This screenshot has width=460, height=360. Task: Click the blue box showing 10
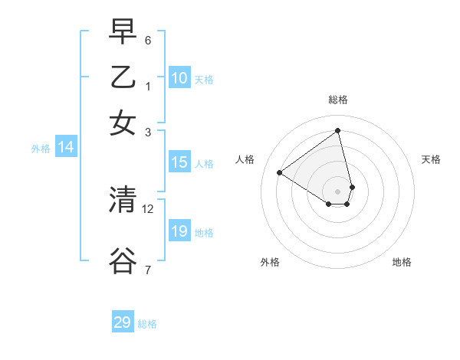[179, 78]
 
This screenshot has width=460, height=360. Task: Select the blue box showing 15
[179, 162]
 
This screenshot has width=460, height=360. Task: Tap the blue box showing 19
[179, 231]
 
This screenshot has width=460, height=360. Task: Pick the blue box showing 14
[65, 148]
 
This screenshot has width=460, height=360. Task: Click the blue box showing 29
[123, 322]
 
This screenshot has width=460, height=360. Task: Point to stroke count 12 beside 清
[148, 208]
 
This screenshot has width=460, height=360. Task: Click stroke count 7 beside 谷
[148, 270]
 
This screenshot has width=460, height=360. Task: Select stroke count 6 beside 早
[148, 40]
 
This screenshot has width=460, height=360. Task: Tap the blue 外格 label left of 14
[40, 149]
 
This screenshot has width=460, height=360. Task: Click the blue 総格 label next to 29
[147, 324]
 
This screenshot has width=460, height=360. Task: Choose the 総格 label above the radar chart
[338, 100]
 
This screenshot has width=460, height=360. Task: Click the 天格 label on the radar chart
[432, 159]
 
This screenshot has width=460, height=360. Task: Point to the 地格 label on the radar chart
[402, 262]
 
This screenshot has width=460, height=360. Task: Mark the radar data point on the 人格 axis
[279, 172]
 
